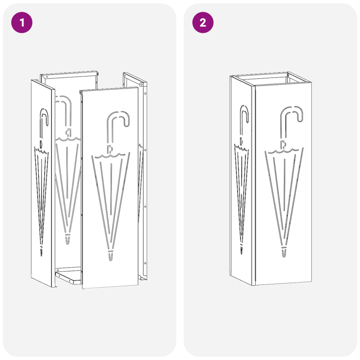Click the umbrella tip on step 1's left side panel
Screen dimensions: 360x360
tap(42, 250)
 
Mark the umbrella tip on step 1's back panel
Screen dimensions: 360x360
tap(68, 239)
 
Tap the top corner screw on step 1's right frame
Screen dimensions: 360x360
tap(141, 84)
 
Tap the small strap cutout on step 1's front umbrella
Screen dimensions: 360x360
tap(109, 148)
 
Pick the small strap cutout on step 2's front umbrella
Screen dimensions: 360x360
tap(283, 144)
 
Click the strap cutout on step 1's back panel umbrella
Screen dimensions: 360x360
tap(68, 132)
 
